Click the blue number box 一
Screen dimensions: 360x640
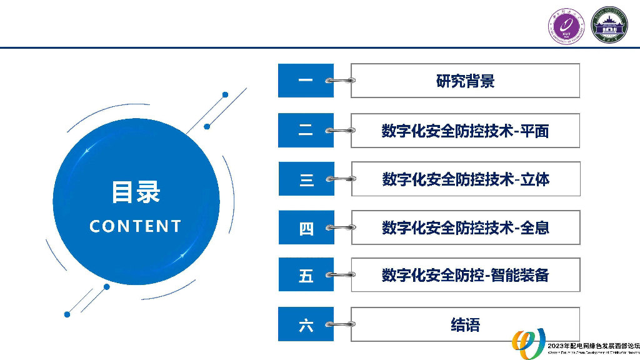pos(306,81)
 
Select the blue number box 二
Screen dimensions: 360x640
pos(306,131)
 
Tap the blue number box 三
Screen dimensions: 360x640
pos(306,179)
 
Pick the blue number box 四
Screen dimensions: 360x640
pos(306,228)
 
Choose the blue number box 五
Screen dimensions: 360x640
pos(306,275)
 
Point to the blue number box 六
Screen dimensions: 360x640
pos(306,324)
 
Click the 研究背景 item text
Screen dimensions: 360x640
pos(465,81)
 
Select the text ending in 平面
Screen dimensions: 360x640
pos(465,131)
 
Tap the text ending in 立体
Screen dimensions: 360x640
pos(465,179)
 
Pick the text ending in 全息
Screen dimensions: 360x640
pos(465,227)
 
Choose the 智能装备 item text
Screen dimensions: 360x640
pos(465,275)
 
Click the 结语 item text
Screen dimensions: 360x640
pos(465,324)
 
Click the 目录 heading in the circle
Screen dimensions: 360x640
pos(136,192)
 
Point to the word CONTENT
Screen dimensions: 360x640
pos(136,226)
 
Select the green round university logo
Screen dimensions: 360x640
pos(609,26)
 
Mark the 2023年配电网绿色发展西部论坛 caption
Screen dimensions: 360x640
pos(592,346)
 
